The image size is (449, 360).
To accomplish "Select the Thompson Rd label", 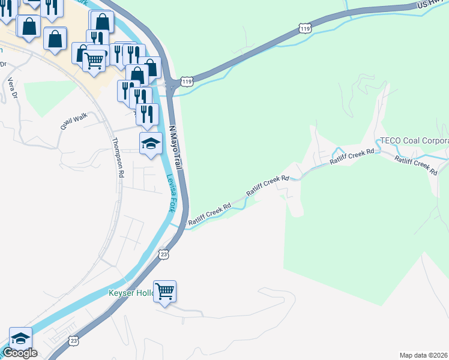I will pyautogui.click(x=118, y=158).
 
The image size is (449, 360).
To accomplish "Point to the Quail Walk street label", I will pyautogui.click(x=73, y=122).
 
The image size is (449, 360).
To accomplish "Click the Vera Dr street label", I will pyautogui.click(x=10, y=88).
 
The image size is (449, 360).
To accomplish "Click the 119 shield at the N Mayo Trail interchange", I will pyautogui.click(x=187, y=81).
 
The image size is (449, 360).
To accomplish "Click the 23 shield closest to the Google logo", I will pyautogui.click(x=73, y=340).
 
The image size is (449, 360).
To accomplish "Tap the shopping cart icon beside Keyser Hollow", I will pyautogui.click(x=164, y=291).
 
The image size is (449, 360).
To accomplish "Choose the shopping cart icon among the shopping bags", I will pyautogui.click(x=93, y=60).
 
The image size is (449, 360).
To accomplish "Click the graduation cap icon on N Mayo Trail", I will pyautogui.click(x=151, y=143).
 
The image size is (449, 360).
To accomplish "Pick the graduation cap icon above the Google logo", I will pyautogui.click(x=20, y=337).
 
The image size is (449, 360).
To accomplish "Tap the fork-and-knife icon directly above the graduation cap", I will pyautogui.click(x=147, y=113).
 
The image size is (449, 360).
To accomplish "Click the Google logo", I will pyautogui.click(x=20, y=353).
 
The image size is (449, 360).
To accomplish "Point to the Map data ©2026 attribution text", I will pyautogui.click(x=423, y=355).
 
